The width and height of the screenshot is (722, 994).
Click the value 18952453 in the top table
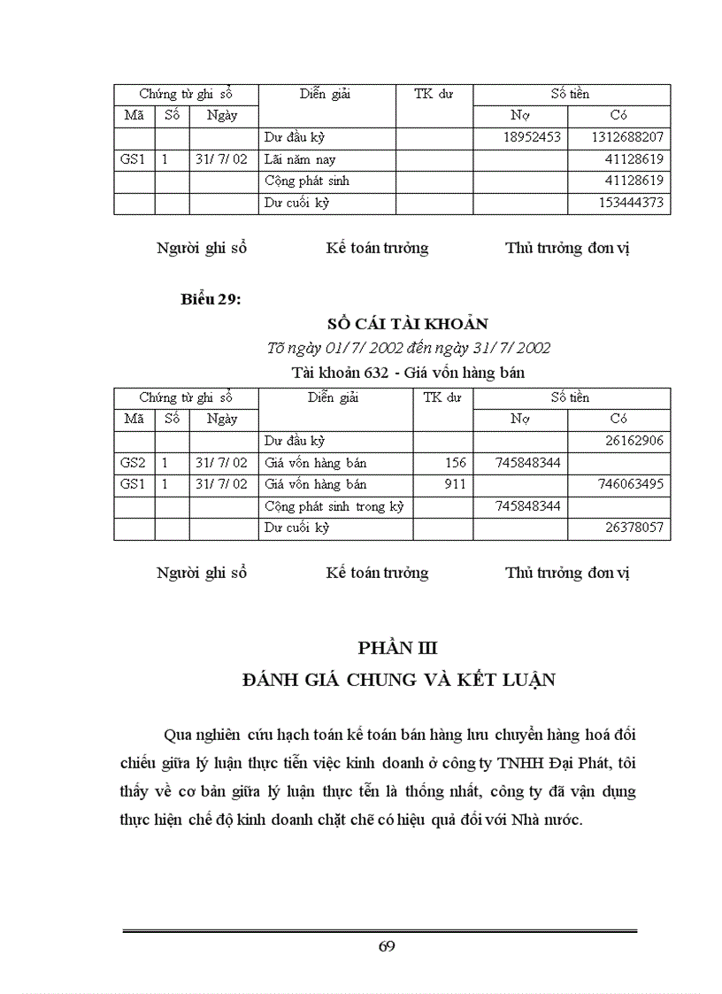click(532, 138)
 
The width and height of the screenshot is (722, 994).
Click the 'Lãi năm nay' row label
click(300, 160)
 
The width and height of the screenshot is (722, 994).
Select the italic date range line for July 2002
click(409, 348)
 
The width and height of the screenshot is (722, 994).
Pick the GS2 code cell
click(133, 463)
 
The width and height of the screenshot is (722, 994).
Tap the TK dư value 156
click(455, 463)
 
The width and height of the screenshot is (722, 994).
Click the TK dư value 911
click(455, 484)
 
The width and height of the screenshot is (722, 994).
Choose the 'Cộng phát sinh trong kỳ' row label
click(334, 506)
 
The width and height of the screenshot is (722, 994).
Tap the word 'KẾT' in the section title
click(483, 680)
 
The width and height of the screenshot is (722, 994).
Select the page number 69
click(386, 946)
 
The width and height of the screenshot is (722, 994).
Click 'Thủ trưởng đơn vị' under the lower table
click(566, 573)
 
